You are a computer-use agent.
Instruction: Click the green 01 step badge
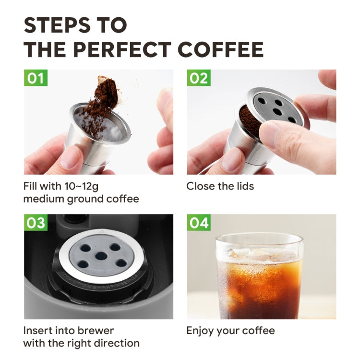coord(36,78)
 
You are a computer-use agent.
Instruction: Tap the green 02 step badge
coord(199,78)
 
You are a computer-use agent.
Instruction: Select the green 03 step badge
coord(36,223)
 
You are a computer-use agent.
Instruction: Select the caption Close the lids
coord(220,186)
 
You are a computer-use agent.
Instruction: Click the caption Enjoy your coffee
coord(230,330)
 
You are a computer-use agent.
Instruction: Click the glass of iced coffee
coord(259,278)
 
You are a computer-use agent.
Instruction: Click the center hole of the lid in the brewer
coord(101,256)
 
